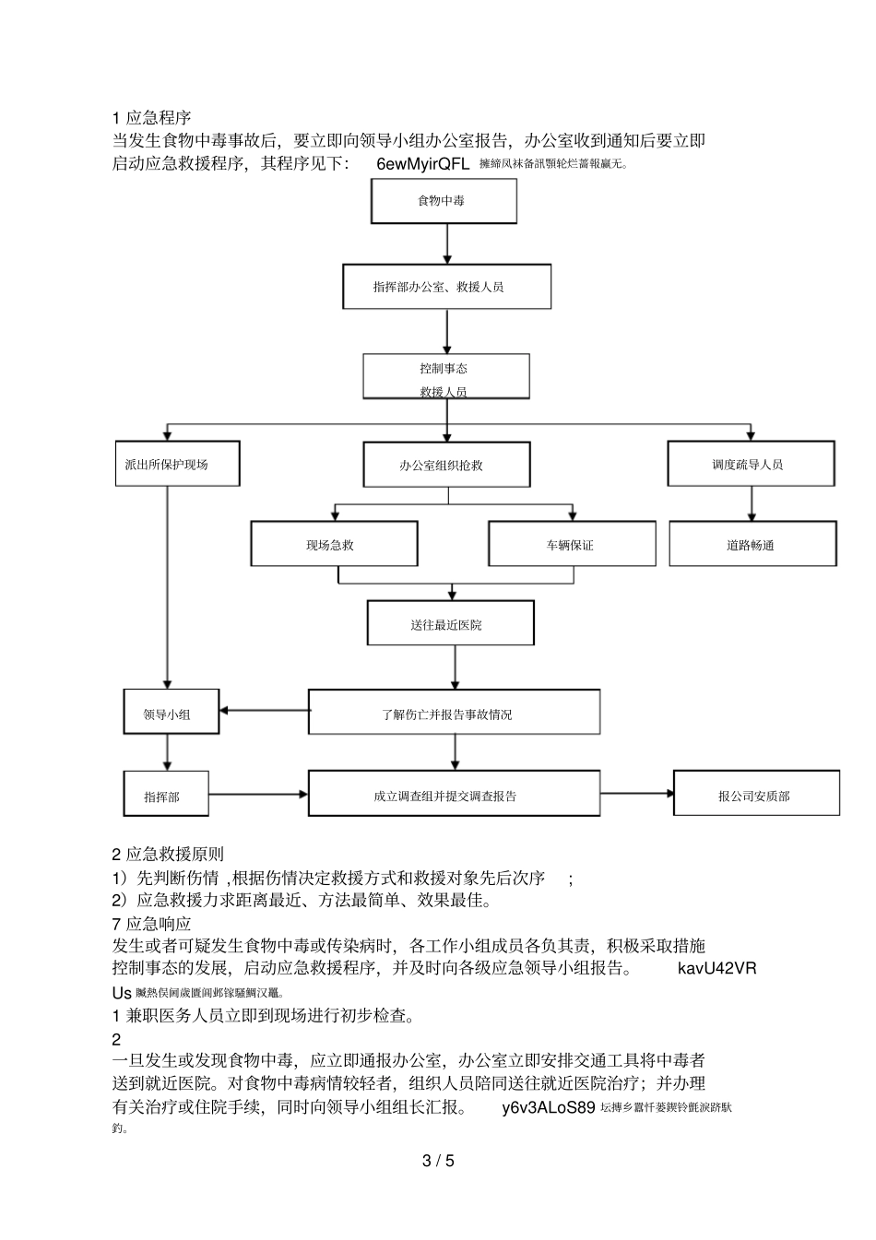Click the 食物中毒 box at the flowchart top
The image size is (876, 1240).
(x=443, y=201)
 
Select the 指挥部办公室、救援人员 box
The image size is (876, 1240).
(x=446, y=287)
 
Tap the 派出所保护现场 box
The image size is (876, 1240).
(x=177, y=464)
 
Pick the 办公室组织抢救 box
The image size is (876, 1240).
(x=446, y=465)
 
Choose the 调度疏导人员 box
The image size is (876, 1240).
(x=751, y=464)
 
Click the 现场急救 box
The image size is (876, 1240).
(x=334, y=544)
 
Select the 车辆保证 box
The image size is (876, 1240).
(x=572, y=544)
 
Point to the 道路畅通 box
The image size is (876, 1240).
(x=752, y=544)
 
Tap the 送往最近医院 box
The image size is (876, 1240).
(x=450, y=624)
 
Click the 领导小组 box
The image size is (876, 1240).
(x=172, y=713)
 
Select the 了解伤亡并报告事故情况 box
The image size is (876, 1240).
(x=454, y=713)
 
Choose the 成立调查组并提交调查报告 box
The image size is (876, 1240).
(x=454, y=795)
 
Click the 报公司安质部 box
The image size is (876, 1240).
(x=756, y=795)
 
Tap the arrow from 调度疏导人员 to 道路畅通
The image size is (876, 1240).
(x=752, y=503)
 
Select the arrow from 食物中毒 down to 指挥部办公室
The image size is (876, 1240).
(x=447, y=243)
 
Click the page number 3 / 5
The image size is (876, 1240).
(x=438, y=1160)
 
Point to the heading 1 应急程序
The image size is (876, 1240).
(x=151, y=118)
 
